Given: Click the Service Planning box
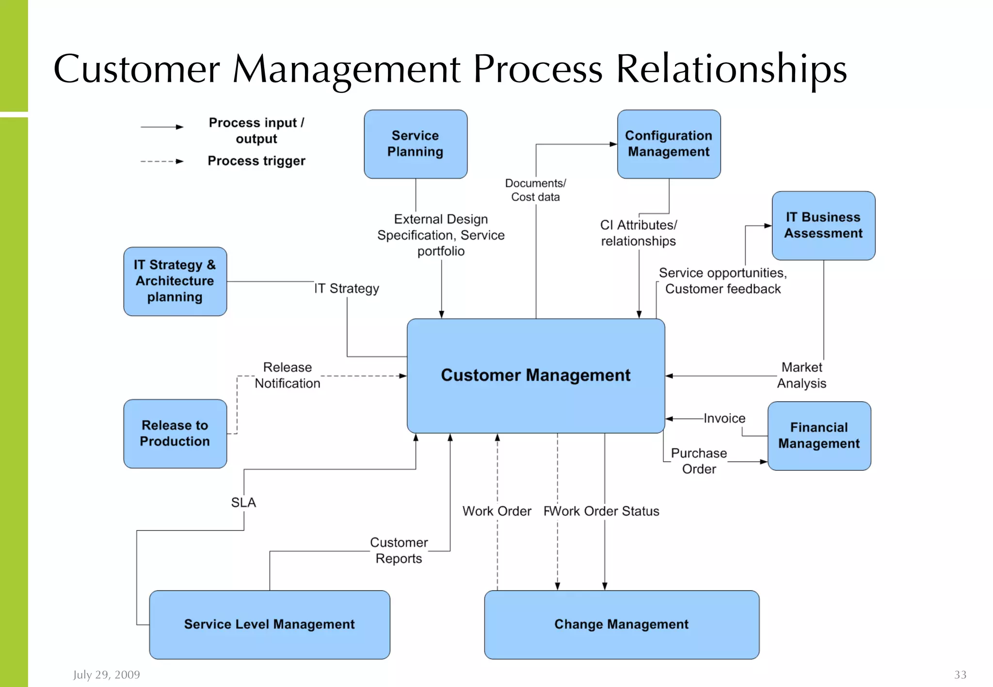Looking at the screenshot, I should point(416,144).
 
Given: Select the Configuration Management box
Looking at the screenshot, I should point(669,144).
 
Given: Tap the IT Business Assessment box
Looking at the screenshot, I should point(823,225).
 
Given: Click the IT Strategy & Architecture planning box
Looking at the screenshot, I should point(175,281).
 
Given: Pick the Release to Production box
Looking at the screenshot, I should point(175,433).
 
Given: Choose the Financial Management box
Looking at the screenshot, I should point(819,436).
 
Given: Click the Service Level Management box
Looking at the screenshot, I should point(269,624).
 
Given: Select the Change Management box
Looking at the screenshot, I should point(621,624).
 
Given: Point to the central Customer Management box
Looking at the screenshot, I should point(535,375).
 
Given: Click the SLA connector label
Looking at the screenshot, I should point(243,502).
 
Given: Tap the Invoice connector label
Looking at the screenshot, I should point(724,418).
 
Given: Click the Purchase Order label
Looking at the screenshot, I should point(699,461).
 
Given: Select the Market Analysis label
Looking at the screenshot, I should point(801,375).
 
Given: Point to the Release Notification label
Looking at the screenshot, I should point(288,375).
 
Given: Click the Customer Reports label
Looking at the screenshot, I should point(399,550).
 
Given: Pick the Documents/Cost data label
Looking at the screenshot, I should point(535,190).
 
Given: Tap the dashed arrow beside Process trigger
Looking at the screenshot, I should point(162,161).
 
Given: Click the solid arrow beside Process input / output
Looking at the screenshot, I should point(162,127).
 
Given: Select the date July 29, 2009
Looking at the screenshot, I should point(107,674).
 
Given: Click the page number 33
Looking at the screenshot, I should point(960,674).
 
